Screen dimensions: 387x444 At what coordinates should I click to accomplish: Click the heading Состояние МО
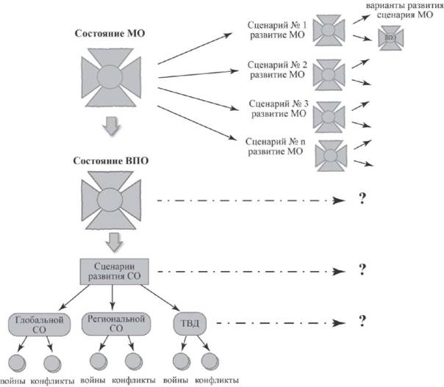coord(110,34)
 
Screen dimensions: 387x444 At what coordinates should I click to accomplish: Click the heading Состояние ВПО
coord(110,159)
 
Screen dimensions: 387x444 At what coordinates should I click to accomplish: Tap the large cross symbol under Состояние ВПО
coord(110,198)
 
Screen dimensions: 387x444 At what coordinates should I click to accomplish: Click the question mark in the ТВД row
coord(362,321)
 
